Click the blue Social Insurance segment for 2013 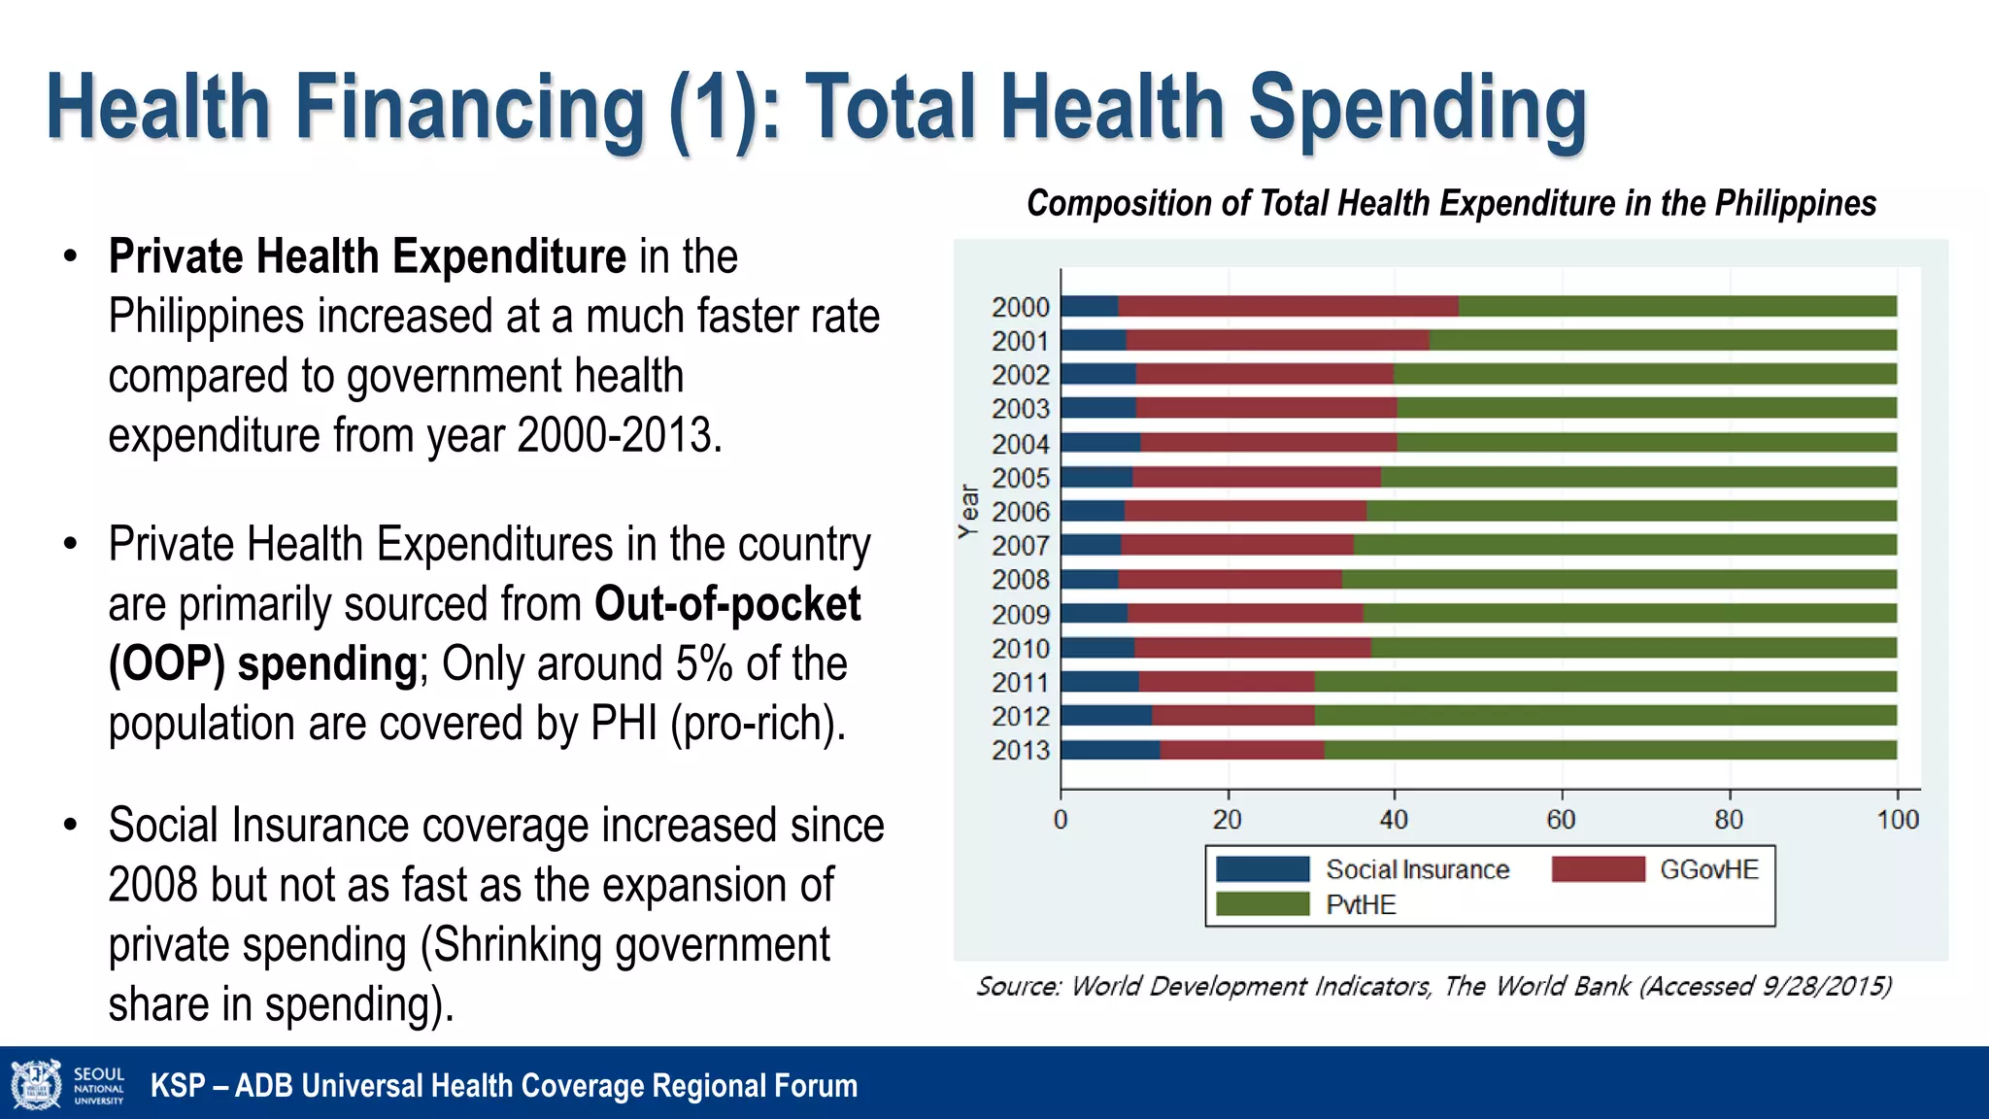coord(1109,750)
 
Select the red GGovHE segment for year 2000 coord(1288,306)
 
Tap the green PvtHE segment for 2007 coord(1624,545)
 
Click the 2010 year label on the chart coord(1020,648)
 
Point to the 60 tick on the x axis coord(1561,820)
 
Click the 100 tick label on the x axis coord(1897,820)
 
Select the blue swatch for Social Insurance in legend coord(1263,868)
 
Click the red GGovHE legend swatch coord(1598,868)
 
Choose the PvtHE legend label coord(1361,904)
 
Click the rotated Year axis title coord(968,511)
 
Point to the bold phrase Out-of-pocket coord(726,604)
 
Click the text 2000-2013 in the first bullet coord(620,435)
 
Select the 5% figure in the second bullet coord(703,664)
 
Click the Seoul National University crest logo coord(36,1084)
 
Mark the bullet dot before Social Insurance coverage coord(70,826)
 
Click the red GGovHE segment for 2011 coord(1226,682)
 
